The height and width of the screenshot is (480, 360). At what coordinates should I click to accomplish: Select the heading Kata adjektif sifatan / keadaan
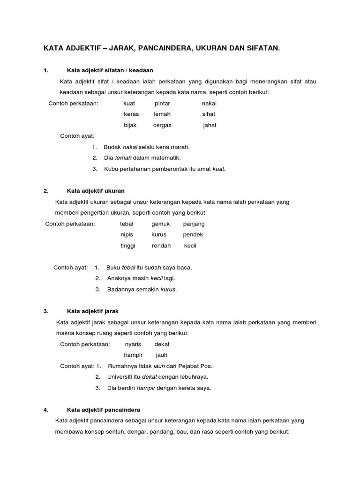tap(110, 70)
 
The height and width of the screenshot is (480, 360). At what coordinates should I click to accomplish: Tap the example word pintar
tap(162, 103)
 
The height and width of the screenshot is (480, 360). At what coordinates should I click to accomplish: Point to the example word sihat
tap(209, 114)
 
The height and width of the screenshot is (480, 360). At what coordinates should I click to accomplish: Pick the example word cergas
tap(162, 125)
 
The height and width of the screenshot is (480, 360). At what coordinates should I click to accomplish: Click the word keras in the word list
tap(131, 114)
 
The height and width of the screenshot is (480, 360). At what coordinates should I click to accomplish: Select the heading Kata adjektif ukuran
tap(96, 191)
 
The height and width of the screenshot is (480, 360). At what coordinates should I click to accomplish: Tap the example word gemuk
tap(160, 224)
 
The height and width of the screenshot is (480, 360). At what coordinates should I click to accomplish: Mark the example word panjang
tap(194, 224)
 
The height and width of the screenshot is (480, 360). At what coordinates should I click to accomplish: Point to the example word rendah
tap(161, 246)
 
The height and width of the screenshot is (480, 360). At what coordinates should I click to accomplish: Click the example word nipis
tap(127, 234)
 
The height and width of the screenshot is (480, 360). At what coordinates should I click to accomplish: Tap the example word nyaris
tap(133, 344)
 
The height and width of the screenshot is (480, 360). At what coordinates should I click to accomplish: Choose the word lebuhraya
tap(193, 376)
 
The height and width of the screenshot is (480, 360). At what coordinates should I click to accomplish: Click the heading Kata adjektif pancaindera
tap(104, 409)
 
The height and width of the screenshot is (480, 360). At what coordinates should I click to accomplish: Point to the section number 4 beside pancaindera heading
tap(45, 409)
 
